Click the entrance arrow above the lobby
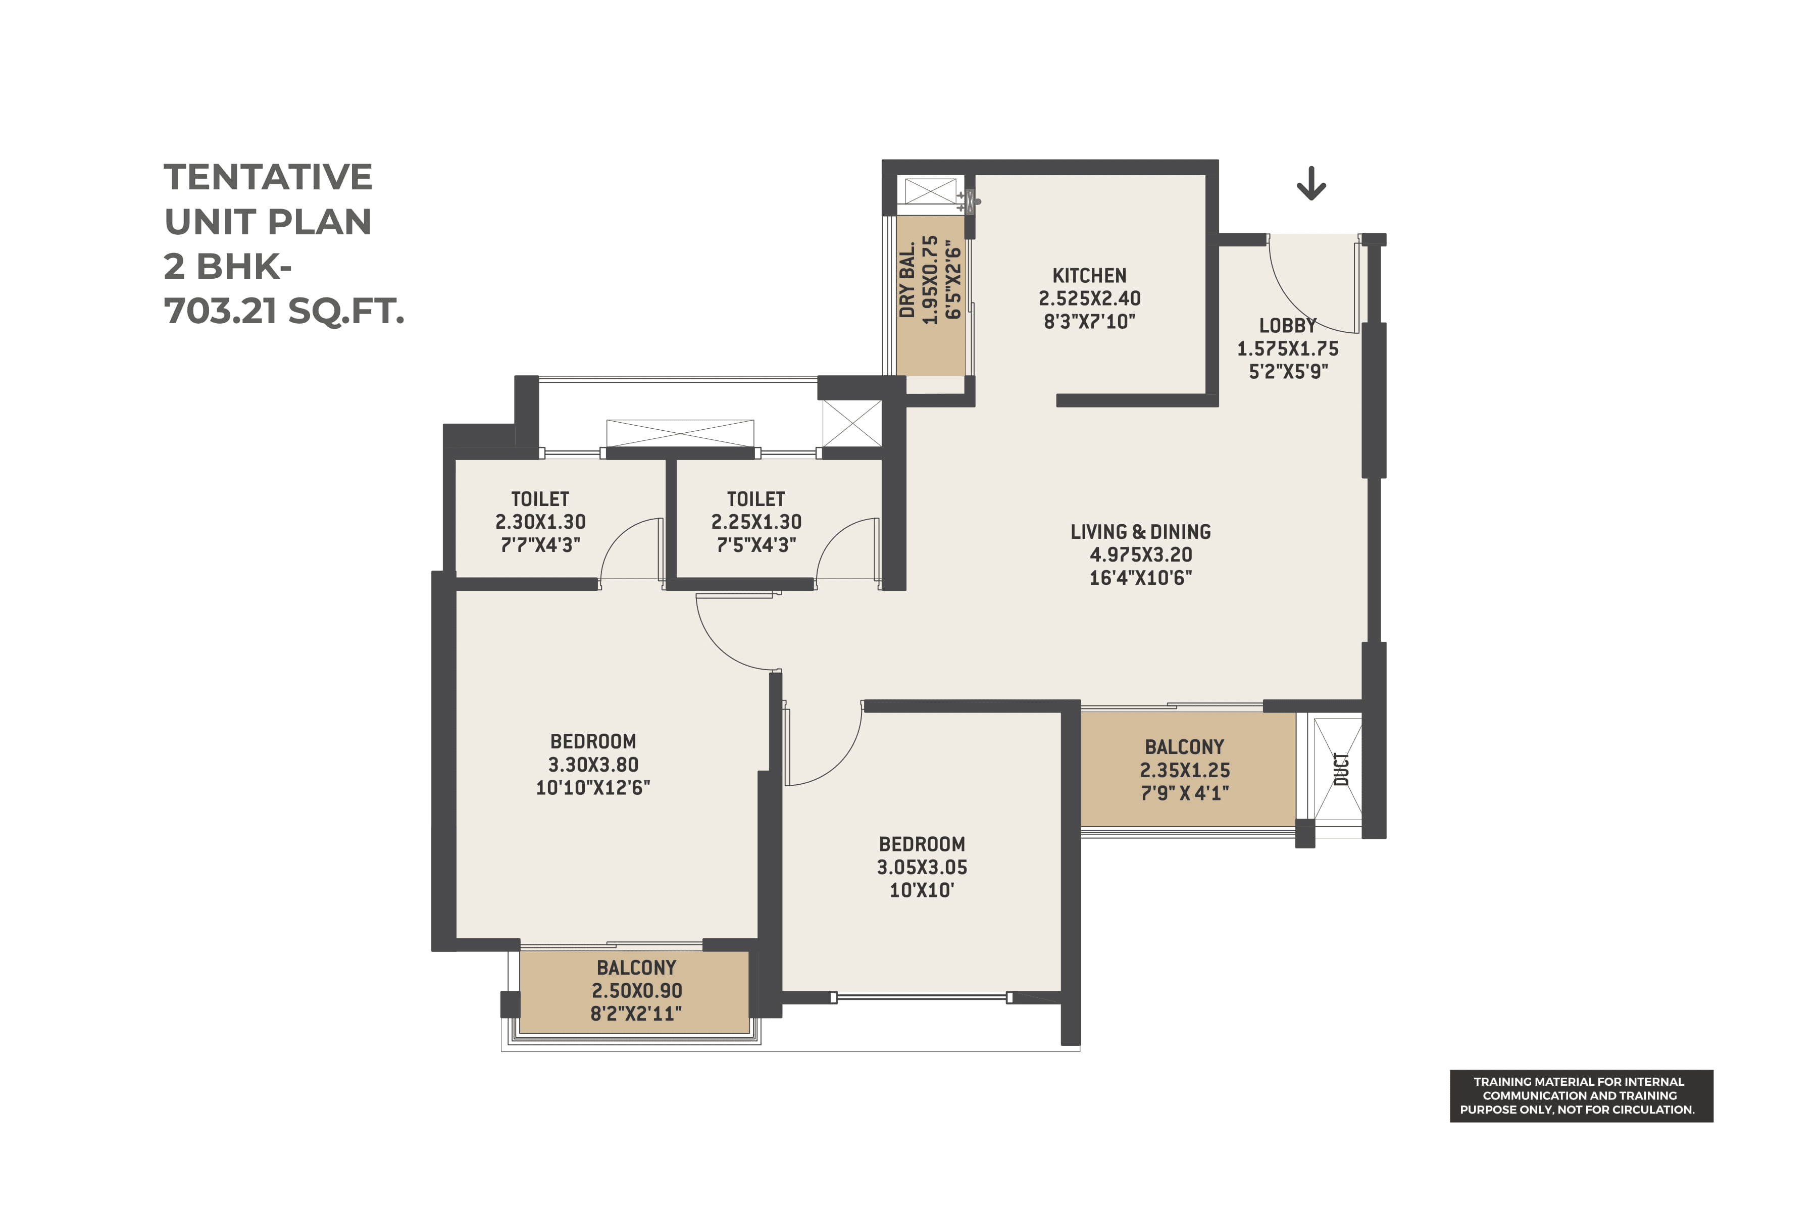(x=1311, y=184)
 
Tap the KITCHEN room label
(x=1089, y=276)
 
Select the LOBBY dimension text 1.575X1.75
(x=1288, y=348)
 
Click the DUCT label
(x=1342, y=769)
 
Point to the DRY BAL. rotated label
(x=907, y=280)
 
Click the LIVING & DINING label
(x=1140, y=532)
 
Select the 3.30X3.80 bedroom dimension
(x=593, y=765)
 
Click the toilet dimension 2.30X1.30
(x=540, y=522)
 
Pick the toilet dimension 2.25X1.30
(x=756, y=522)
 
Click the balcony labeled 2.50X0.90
(x=636, y=990)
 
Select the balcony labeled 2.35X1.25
(x=1184, y=770)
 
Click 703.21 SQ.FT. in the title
(x=284, y=312)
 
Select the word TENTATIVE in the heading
(x=268, y=177)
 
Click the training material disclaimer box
(x=1581, y=1095)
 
